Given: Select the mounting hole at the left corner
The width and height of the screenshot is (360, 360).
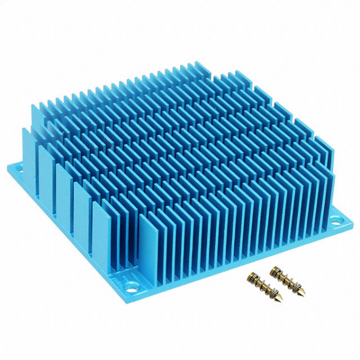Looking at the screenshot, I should [17, 168].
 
